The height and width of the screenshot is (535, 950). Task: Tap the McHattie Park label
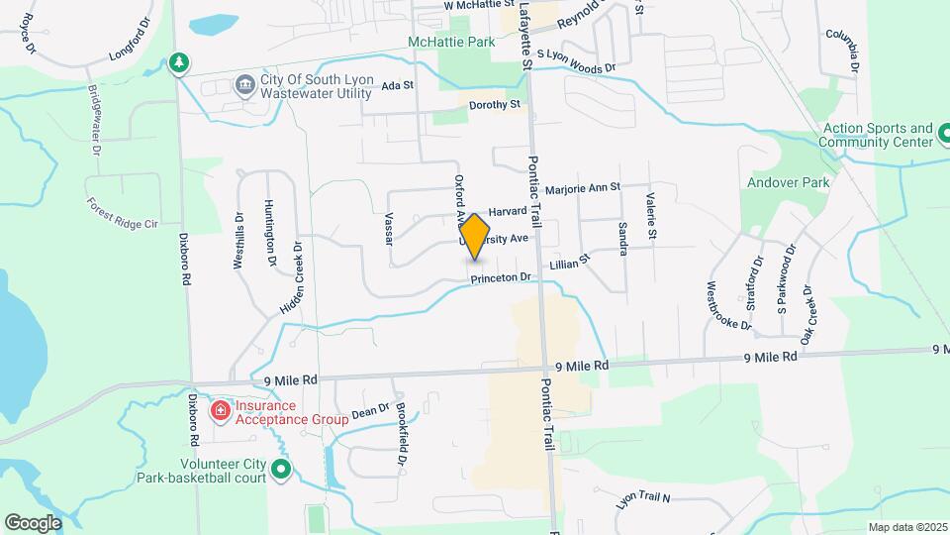(x=450, y=43)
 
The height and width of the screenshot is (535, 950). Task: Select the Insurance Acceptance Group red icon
(x=219, y=410)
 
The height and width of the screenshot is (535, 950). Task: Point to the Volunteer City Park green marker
(x=282, y=469)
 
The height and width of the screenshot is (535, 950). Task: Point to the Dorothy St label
(x=495, y=104)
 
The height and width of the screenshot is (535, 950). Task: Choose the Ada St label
(x=396, y=86)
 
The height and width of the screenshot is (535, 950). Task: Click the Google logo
(x=33, y=522)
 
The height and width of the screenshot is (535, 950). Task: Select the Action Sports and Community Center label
(x=880, y=136)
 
